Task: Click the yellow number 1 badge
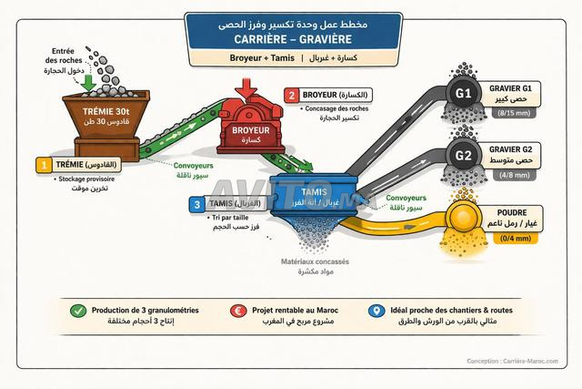tap(43, 166)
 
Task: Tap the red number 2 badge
tap(291, 95)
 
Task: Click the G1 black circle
tap(462, 94)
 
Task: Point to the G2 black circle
tap(462, 154)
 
